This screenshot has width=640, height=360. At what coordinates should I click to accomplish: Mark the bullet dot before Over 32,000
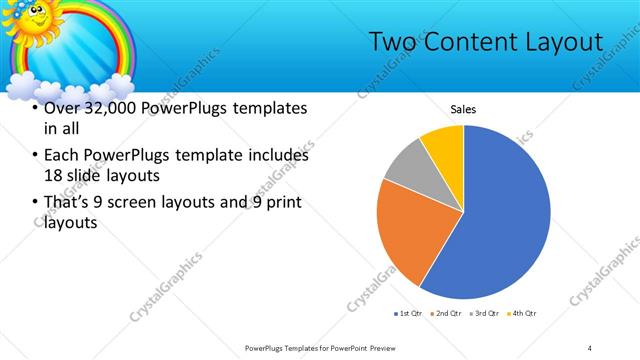click(36, 109)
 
